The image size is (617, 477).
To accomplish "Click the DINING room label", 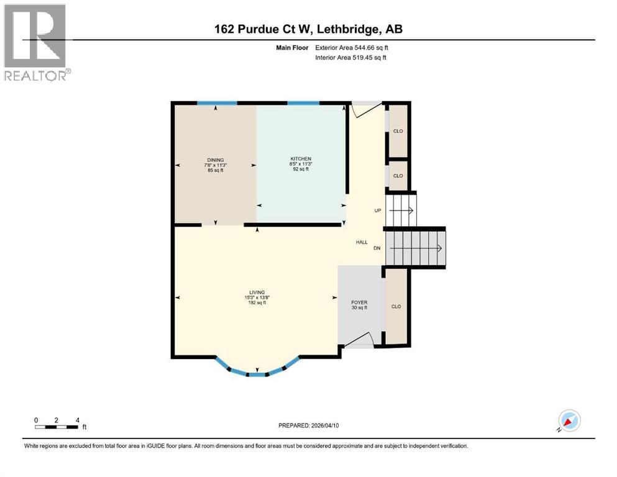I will tap(216, 160).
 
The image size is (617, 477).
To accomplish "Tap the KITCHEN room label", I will tap(300, 159).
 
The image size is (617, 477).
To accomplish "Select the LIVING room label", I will tap(257, 293).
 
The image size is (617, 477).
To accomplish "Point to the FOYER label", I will tap(359, 302).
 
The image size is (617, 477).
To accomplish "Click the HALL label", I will tap(362, 242).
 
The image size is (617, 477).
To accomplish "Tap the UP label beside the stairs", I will tap(377, 211).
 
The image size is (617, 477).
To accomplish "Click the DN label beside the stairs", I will tap(377, 248).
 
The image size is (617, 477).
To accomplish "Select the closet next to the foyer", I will tap(396, 307).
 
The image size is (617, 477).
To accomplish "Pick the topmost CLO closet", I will tap(398, 131).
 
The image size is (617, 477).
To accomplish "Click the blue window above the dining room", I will tap(217, 102).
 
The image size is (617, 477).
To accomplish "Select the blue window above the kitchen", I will tap(303, 102).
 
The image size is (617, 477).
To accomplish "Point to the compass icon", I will tap(569, 420).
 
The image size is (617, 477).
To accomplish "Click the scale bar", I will tap(57, 427).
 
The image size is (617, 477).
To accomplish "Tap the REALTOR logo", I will tap(35, 42).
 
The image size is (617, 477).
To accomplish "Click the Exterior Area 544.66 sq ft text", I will tap(351, 47).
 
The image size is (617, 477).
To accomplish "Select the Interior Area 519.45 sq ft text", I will tap(351, 58).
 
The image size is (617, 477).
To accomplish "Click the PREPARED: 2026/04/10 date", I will tap(309, 425).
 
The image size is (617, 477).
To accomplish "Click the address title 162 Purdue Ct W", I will tap(308, 29).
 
